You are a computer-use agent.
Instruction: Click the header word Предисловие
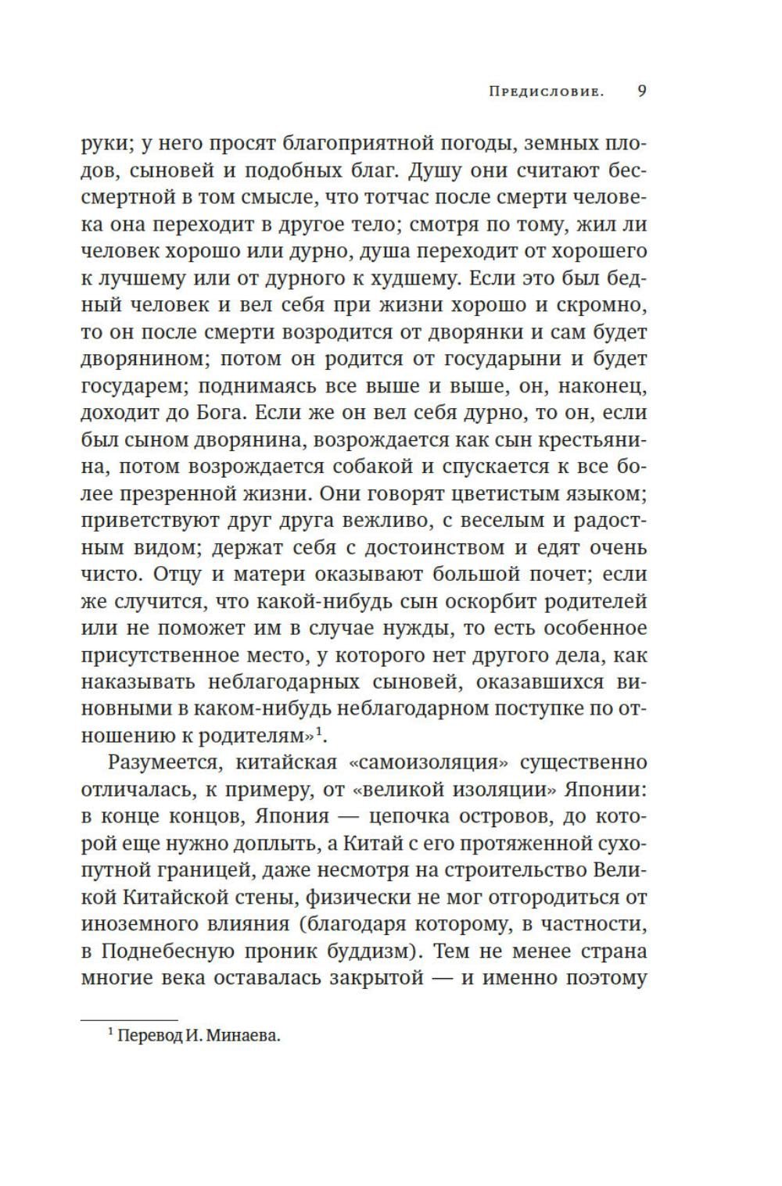[x=546, y=91]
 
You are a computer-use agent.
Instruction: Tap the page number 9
[x=641, y=91]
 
